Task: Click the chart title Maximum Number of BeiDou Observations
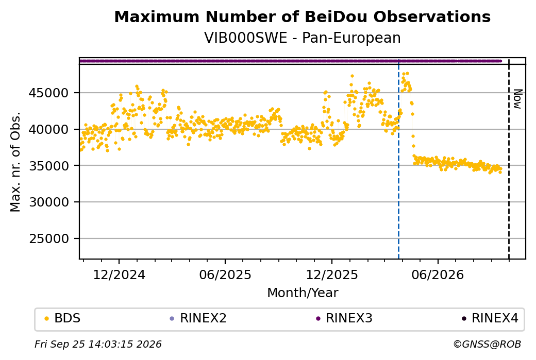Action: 302,16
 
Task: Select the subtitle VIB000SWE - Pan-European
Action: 302,38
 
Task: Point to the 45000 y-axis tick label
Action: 48,93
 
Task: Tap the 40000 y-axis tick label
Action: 48,129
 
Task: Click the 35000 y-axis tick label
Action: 48,166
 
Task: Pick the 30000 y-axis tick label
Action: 48,202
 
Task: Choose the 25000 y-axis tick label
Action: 48,239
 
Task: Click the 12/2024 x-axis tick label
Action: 119,275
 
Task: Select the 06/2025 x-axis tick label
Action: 225,275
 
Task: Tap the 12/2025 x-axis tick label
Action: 331,275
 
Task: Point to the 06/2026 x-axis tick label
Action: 438,275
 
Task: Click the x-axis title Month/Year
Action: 303,293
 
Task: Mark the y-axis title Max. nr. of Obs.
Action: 15,162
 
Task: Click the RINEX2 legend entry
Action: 198,318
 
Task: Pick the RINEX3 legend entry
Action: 344,318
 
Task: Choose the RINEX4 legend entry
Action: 490,318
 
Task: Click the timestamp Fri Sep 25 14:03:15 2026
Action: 98,344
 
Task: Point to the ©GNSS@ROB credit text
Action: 488,344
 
